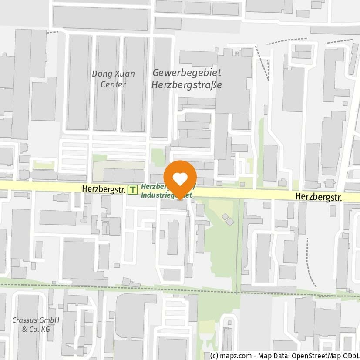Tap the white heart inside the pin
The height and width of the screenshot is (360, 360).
pyautogui.click(x=180, y=178)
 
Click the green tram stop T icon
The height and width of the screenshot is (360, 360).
pyautogui.click(x=133, y=190)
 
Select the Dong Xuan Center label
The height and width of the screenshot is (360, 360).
pyautogui.click(x=113, y=79)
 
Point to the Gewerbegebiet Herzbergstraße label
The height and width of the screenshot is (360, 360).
pyautogui.click(x=186, y=79)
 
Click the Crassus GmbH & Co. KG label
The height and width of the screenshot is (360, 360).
pyautogui.click(x=36, y=324)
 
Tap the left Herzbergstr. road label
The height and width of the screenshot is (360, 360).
pyautogui.click(x=104, y=189)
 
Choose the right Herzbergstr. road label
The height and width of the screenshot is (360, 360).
pyautogui.click(x=319, y=197)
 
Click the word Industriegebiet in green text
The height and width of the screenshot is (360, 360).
pyautogui.click(x=166, y=195)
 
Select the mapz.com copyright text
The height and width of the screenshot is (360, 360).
pyautogui.click(x=230, y=356)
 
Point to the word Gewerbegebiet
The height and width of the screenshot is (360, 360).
pyautogui.click(x=186, y=73)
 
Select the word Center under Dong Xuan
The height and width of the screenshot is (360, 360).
pyautogui.click(x=113, y=84)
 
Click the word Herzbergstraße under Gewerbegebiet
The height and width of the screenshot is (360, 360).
pyautogui.click(x=186, y=84)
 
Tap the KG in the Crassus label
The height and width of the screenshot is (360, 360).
pyautogui.click(x=45, y=329)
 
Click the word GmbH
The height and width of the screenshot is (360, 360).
pyautogui.click(x=49, y=320)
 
